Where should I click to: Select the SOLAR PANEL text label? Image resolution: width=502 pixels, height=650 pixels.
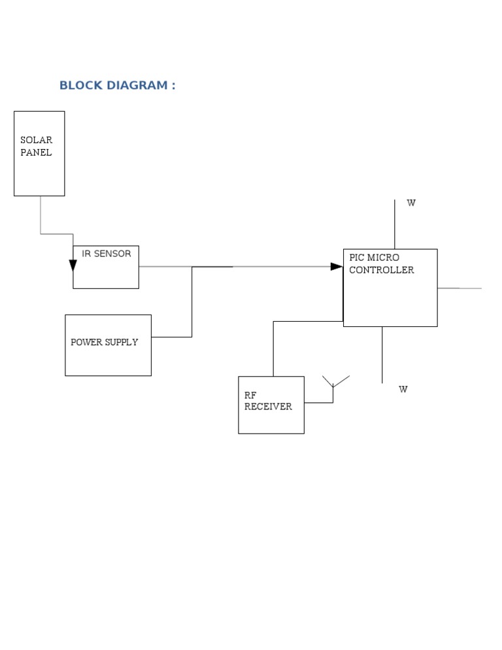(36, 146)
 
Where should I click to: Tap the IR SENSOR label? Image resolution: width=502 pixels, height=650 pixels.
(106, 254)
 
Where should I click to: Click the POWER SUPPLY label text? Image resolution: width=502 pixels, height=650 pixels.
(105, 342)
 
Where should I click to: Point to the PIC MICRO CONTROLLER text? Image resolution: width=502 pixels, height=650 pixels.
(381, 264)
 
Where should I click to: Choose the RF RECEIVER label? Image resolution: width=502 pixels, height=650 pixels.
(268, 401)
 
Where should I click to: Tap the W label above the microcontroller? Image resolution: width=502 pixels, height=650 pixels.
(411, 203)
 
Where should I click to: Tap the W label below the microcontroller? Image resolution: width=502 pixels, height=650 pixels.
(403, 389)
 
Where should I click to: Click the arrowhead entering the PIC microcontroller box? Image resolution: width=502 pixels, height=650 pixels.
(337, 266)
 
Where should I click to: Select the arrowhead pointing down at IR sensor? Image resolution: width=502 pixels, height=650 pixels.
(73, 265)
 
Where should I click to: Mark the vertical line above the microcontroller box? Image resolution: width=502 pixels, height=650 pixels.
(395, 224)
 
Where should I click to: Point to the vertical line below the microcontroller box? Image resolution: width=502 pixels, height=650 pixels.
(382, 354)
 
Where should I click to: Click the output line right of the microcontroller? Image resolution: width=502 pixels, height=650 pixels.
(459, 288)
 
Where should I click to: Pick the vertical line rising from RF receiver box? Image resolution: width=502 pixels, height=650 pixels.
(273, 349)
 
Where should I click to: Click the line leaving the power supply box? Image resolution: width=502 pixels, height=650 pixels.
(171, 337)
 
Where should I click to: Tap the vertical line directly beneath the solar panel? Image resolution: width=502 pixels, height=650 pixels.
(41, 214)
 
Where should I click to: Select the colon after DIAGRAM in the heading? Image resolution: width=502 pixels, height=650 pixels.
(173, 86)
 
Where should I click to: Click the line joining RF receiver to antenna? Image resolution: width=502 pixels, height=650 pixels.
(318, 402)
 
